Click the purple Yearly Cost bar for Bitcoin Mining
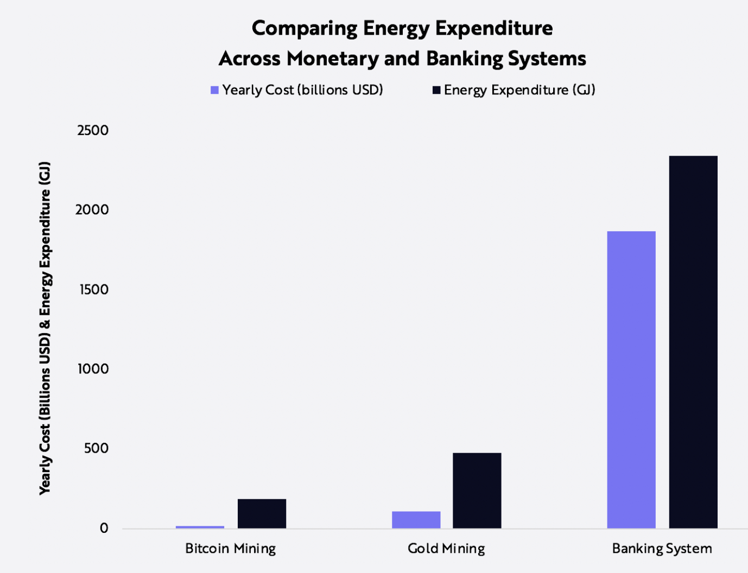pyautogui.click(x=200, y=527)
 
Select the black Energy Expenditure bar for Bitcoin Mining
pyautogui.click(x=262, y=513)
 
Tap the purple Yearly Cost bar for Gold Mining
pyautogui.click(x=416, y=519)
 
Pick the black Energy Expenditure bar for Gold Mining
pyautogui.click(x=477, y=491)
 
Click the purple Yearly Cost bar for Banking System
pyautogui.click(x=631, y=380)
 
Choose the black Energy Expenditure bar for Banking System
pyautogui.click(x=693, y=342)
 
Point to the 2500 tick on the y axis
pyautogui.click(x=93, y=130)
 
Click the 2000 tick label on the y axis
pyautogui.click(x=92, y=209)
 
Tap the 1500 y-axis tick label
pyautogui.click(x=94, y=289)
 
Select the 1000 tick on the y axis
pyautogui.click(x=93, y=369)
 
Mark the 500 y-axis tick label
pyautogui.click(x=96, y=448)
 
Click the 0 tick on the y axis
pyautogui.click(x=104, y=528)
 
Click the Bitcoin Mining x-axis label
pyautogui.click(x=230, y=549)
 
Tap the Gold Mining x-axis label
pyautogui.click(x=446, y=549)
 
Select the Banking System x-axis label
pyautogui.click(x=662, y=549)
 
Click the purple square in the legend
pyautogui.click(x=214, y=90)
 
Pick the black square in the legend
pyautogui.click(x=436, y=90)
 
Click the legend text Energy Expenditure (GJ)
pyautogui.click(x=519, y=90)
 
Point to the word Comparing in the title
pyautogui.click(x=304, y=28)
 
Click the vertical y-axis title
pyautogui.click(x=45, y=328)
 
